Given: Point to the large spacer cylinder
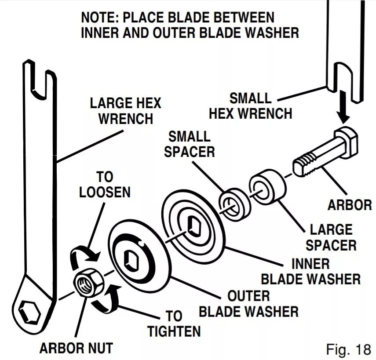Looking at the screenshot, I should (266, 185).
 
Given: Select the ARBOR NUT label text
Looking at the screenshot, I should (76, 349).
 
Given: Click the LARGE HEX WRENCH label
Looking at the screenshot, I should (125, 111).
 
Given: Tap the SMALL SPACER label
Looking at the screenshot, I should (189, 143).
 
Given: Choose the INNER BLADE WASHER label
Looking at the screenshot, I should (310, 271).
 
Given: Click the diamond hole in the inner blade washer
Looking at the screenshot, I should (192, 225).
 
